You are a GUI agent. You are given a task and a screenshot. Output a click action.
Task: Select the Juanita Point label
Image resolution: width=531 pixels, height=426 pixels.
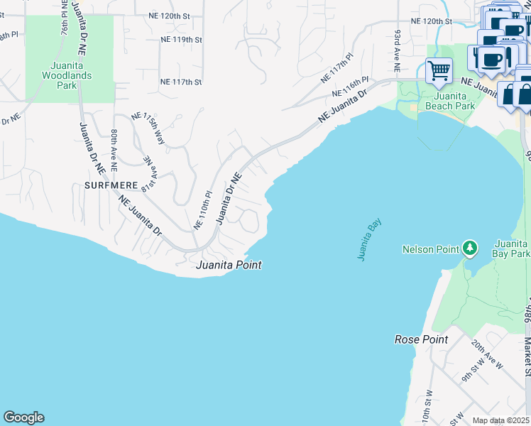(229, 265)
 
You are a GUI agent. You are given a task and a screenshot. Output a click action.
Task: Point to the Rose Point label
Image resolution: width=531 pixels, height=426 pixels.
(421, 339)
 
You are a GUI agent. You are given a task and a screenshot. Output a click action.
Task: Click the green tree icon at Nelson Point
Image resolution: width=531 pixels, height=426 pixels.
(469, 248)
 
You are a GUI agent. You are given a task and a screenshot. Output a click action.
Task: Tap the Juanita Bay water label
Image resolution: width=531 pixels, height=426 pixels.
(370, 240)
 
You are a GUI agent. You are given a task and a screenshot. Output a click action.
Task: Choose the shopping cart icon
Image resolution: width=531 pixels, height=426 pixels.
(439, 71)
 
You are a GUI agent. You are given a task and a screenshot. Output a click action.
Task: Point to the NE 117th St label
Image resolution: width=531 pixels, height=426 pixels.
(181, 82)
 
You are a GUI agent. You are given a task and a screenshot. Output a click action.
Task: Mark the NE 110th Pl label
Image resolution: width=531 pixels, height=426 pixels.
(203, 210)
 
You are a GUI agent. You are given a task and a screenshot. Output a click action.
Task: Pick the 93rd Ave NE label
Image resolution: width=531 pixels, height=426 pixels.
(397, 50)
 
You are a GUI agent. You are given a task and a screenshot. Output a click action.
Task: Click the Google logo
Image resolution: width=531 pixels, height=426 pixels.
(23, 417)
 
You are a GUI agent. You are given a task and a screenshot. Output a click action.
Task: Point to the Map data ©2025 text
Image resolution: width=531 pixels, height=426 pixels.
(500, 420)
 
